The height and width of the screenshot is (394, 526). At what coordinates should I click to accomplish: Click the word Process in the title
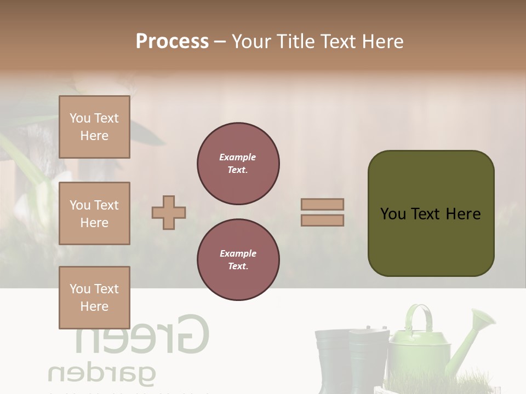coord(172,41)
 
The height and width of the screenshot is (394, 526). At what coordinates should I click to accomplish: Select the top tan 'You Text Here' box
coord(94,127)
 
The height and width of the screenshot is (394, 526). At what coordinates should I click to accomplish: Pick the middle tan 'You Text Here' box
coord(94,213)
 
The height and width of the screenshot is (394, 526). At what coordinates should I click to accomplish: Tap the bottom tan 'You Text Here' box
coord(94,298)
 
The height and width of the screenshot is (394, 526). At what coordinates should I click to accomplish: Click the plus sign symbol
coord(169,212)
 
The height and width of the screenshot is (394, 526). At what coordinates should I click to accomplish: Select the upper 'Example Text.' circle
coord(238,164)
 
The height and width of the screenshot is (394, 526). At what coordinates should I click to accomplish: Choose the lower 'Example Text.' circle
coord(238,260)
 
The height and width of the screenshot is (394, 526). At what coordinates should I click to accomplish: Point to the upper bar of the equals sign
coord(322,205)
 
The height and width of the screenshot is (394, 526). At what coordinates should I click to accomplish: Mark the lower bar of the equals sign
coord(322,220)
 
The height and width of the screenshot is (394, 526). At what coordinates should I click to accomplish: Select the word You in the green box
coord(393,214)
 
